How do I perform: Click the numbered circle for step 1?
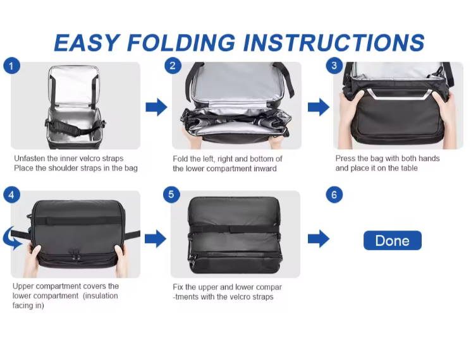[x=12, y=66]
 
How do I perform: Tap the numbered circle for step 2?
[x=173, y=66]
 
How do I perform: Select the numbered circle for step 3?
[x=334, y=66]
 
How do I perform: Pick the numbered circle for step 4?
[x=12, y=195]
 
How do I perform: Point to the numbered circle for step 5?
[x=171, y=194]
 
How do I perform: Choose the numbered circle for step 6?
[x=334, y=195]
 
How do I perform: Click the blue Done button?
[x=393, y=240]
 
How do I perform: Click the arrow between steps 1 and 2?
[x=156, y=107]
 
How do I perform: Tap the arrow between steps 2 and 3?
[x=319, y=107]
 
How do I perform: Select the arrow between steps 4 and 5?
[x=156, y=239]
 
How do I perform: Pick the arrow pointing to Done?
[x=319, y=239]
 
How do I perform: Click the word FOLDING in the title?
[x=181, y=42]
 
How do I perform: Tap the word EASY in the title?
[x=87, y=42]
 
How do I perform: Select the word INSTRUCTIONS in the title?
[x=333, y=42]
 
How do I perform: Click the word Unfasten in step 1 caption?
[x=30, y=159]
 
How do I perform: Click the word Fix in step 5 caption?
[x=178, y=287]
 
